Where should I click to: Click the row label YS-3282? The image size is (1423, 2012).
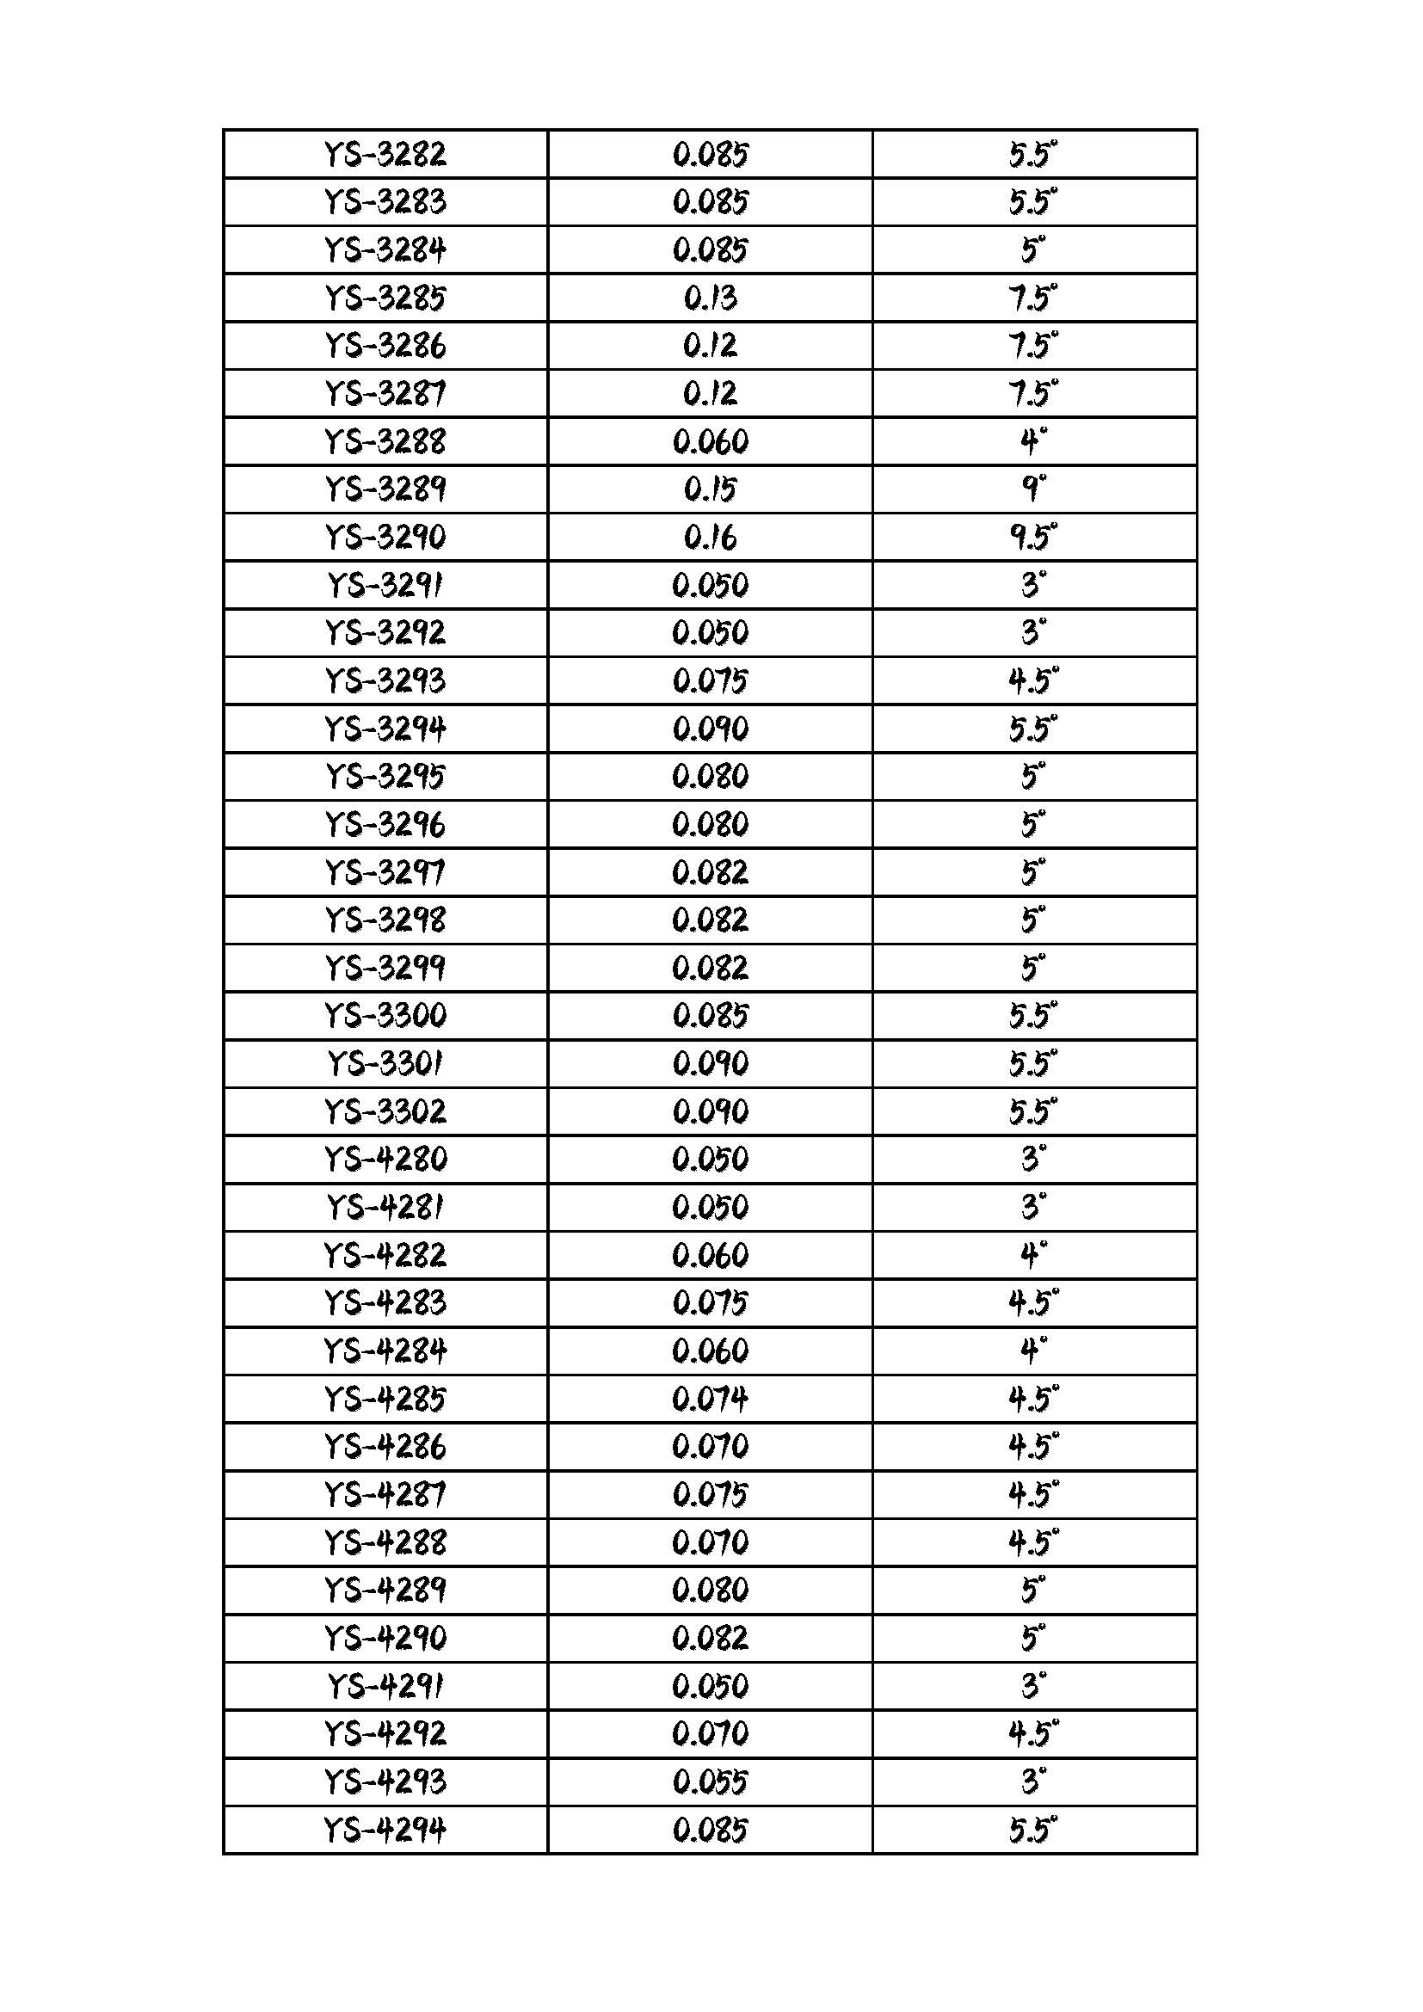pyautogui.click(x=385, y=155)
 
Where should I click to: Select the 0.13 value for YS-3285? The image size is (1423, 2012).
pyautogui.click(x=710, y=298)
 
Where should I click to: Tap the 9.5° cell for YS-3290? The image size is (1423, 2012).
pyautogui.click(x=1033, y=537)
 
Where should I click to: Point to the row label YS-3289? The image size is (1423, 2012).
pyautogui.click(x=385, y=489)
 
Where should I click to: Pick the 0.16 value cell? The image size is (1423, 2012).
pyautogui.click(x=710, y=537)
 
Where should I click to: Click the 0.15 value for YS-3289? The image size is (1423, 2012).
pyautogui.click(x=710, y=489)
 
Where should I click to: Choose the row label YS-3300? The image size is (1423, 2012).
pyautogui.click(x=385, y=1016)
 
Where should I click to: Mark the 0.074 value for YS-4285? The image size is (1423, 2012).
pyautogui.click(x=710, y=1399)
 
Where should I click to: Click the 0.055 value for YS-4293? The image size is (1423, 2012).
pyautogui.click(x=710, y=1781)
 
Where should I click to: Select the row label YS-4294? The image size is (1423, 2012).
pyautogui.click(x=385, y=1830)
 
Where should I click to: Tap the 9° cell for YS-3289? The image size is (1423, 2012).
pyautogui.click(x=1033, y=489)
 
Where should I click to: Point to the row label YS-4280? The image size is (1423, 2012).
pyautogui.click(x=385, y=1160)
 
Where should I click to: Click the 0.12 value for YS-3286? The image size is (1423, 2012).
pyautogui.click(x=710, y=346)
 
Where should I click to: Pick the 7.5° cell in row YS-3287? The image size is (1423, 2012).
pyautogui.click(x=1033, y=393)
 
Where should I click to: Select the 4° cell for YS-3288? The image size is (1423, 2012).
pyautogui.click(x=1033, y=441)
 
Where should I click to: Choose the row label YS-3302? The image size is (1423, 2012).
pyautogui.click(x=385, y=1112)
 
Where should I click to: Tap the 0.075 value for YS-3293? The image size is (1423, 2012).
pyautogui.click(x=710, y=681)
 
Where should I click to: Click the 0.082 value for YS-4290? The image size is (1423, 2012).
pyautogui.click(x=710, y=1638)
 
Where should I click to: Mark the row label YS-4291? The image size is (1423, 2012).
pyautogui.click(x=385, y=1686)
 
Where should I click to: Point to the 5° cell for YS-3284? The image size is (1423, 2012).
pyautogui.click(x=1033, y=250)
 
